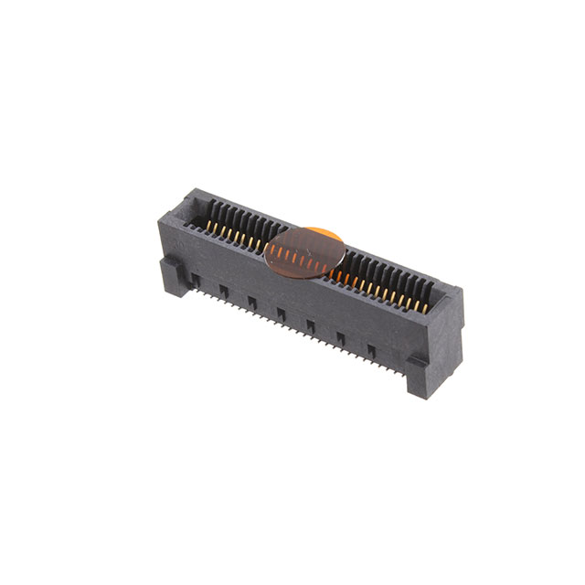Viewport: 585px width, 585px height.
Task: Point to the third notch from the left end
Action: pos(251,303)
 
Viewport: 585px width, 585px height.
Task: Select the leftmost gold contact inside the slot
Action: pos(208,223)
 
